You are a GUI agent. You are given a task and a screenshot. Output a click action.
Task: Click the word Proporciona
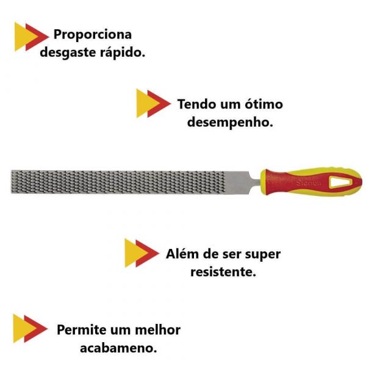[93, 34]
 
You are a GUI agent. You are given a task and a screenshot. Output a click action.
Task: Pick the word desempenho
[229, 122]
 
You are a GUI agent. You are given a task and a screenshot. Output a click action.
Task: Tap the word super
[262, 254]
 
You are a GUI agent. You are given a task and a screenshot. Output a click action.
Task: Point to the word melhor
[157, 330]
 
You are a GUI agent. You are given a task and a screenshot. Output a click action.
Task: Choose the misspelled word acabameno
[118, 348]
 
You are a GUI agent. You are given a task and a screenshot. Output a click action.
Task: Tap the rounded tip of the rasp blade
[14, 182]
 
